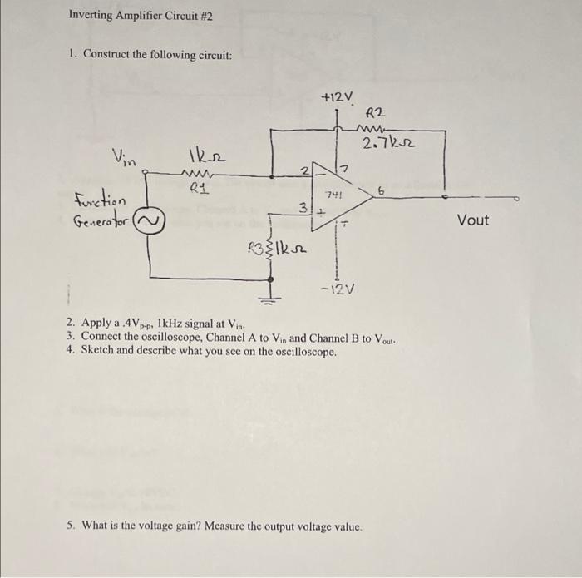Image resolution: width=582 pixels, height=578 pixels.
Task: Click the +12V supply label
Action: click(x=337, y=97)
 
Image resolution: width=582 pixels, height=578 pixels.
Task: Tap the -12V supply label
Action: click(x=338, y=289)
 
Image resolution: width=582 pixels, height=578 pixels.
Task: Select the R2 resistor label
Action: click(x=376, y=112)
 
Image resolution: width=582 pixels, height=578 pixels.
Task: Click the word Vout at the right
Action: click(x=473, y=220)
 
